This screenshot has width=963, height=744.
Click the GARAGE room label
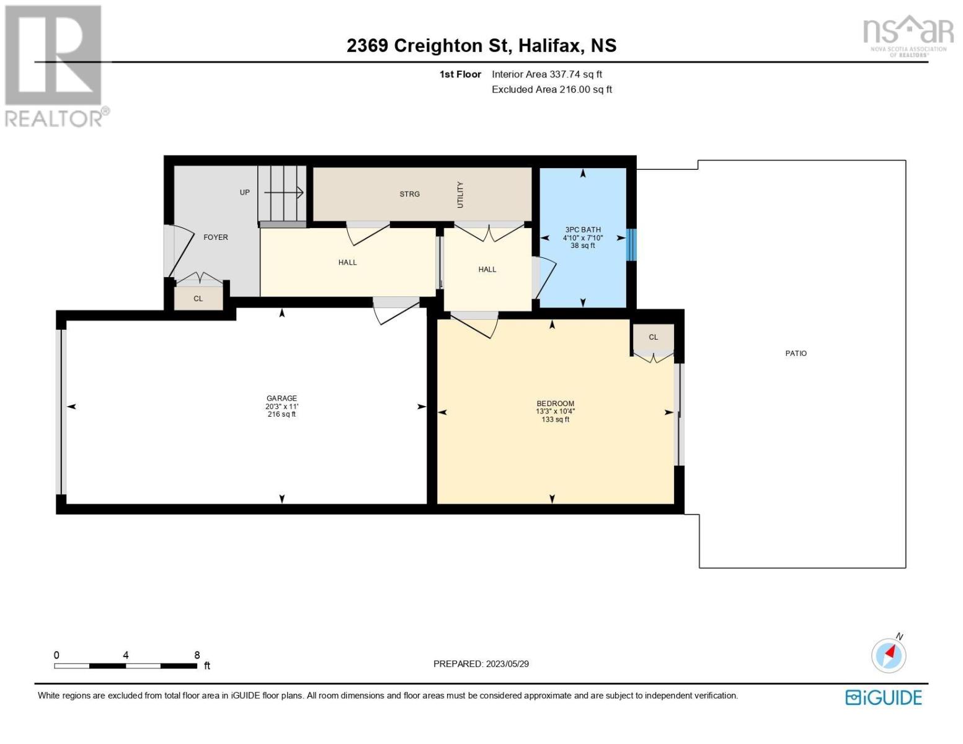[282, 398]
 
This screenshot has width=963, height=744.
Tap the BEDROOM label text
[555, 403]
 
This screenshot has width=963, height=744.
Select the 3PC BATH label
[583, 229]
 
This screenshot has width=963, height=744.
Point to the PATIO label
[796, 353]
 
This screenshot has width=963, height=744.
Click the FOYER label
[216, 237]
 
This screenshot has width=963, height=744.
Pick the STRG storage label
[409, 194]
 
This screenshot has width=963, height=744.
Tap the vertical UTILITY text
[460, 195]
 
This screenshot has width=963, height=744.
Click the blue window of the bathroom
[631, 245]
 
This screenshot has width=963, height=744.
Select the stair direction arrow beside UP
[283, 192]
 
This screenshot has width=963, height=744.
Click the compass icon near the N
[889, 656]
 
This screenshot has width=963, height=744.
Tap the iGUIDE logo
[883, 697]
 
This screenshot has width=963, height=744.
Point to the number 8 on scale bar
[197, 655]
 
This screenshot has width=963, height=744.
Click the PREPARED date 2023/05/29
[507, 664]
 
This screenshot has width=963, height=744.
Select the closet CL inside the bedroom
[653, 337]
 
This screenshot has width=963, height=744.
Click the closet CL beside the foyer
[198, 299]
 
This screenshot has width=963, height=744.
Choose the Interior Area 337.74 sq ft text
[547, 74]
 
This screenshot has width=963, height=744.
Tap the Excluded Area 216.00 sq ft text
[552, 89]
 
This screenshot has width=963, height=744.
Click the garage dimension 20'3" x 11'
[282, 406]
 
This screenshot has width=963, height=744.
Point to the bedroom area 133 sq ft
[555, 419]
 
